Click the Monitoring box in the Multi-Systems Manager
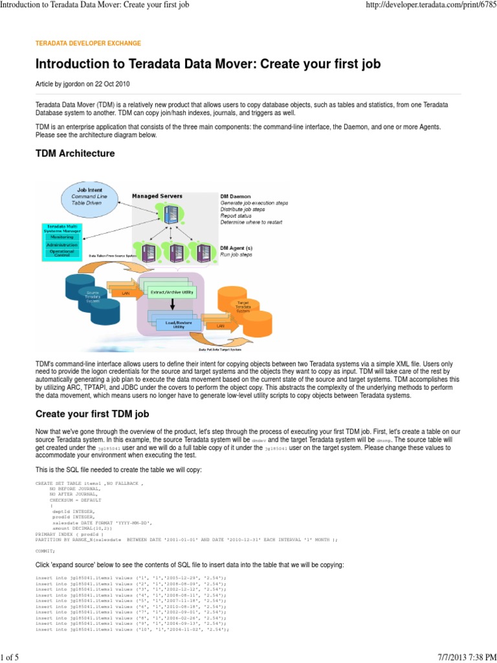(62, 237)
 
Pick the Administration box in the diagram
(62, 245)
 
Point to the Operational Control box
(62, 254)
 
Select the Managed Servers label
(157, 196)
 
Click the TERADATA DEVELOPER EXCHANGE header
(88, 43)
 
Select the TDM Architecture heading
(75, 153)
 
